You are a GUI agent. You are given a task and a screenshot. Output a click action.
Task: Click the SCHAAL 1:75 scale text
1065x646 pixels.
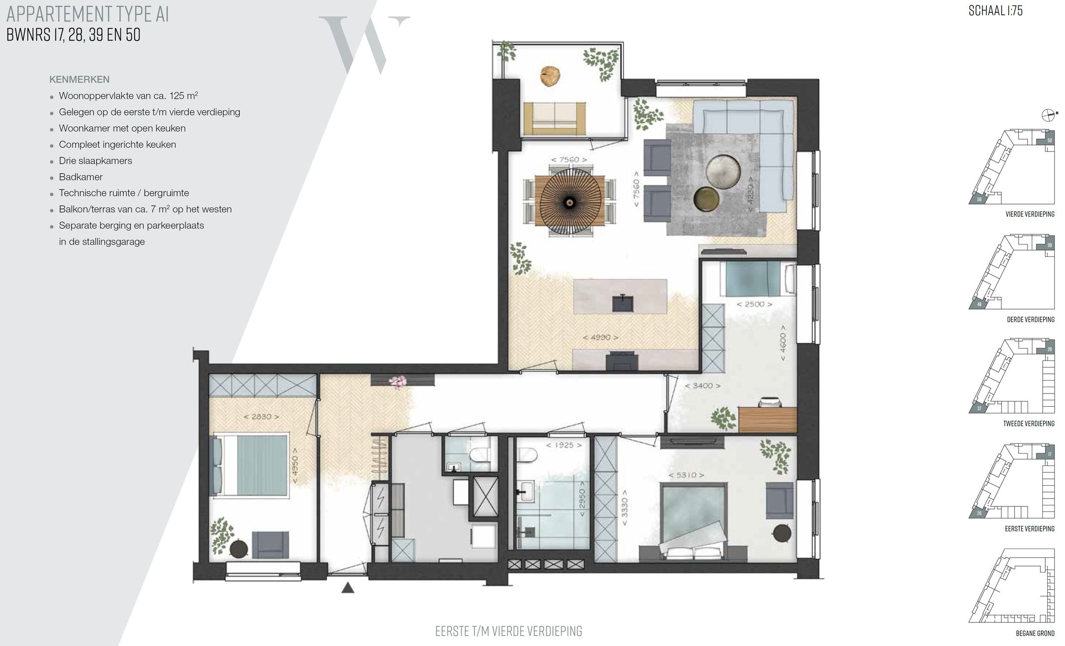point(995,11)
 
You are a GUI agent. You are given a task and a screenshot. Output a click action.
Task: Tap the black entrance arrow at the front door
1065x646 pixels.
point(348,587)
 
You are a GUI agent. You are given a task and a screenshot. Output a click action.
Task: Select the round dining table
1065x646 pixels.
point(570,202)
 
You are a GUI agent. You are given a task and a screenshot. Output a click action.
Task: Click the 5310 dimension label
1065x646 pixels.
point(686,475)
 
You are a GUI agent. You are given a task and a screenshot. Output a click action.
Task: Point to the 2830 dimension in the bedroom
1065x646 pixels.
point(261,417)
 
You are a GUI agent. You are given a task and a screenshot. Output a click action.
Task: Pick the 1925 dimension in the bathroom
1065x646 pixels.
point(564,445)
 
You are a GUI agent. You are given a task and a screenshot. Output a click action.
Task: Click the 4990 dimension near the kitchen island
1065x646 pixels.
point(600,338)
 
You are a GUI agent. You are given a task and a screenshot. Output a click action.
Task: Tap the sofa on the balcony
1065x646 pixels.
point(555,118)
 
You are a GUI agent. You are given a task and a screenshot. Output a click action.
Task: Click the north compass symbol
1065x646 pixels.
point(1048,115)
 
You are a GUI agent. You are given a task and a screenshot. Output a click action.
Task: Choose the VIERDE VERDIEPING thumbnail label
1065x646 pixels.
point(1029,215)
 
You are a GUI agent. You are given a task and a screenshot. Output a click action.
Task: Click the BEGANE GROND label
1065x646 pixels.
point(1035,634)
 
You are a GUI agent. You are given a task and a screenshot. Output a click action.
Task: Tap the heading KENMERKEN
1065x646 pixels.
point(79,79)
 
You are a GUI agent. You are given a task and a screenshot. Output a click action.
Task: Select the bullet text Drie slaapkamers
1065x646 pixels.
point(95,161)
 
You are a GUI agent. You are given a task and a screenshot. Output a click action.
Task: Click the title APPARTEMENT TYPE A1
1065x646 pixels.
point(87,14)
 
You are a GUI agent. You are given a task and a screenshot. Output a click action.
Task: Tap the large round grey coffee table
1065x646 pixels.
point(723,172)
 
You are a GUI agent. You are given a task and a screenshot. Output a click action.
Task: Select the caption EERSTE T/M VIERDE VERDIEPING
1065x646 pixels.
point(508,631)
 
